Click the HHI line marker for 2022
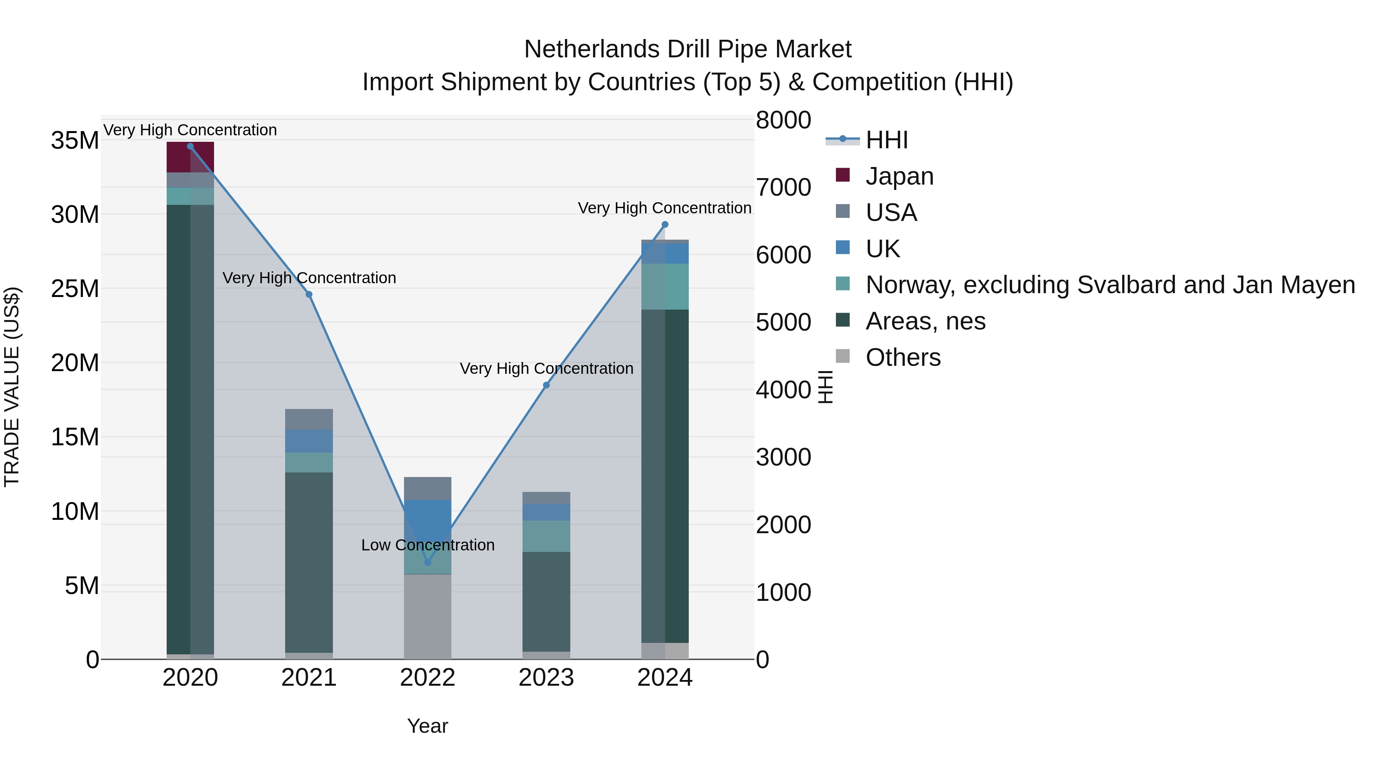pyautogui.click(x=427, y=562)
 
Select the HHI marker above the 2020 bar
pyautogui.click(x=190, y=146)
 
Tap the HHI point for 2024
pyautogui.click(x=665, y=225)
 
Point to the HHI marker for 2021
pyautogui.click(x=309, y=294)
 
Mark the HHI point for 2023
pyautogui.click(x=546, y=385)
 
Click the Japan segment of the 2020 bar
pyautogui.click(x=190, y=157)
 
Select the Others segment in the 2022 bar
pyautogui.click(x=427, y=617)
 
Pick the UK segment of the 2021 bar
pyautogui.click(x=309, y=441)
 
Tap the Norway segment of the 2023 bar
pyautogui.click(x=546, y=536)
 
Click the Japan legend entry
pyautogui.click(x=899, y=176)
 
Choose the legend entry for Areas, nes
pyautogui.click(x=925, y=321)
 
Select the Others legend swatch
pyautogui.click(x=843, y=356)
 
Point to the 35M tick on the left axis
pyautogui.click(x=75, y=141)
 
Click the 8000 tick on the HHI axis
pyautogui.click(x=783, y=120)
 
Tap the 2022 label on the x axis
pyautogui.click(x=427, y=678)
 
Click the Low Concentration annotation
pyautogui.click(x=427, y=545)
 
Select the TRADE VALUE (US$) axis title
pyautogui.click(x=12, y=387)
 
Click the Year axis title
pyautogui.click(x=427, y=726)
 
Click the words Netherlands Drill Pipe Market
pyautogui.click(x=688, y=49)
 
